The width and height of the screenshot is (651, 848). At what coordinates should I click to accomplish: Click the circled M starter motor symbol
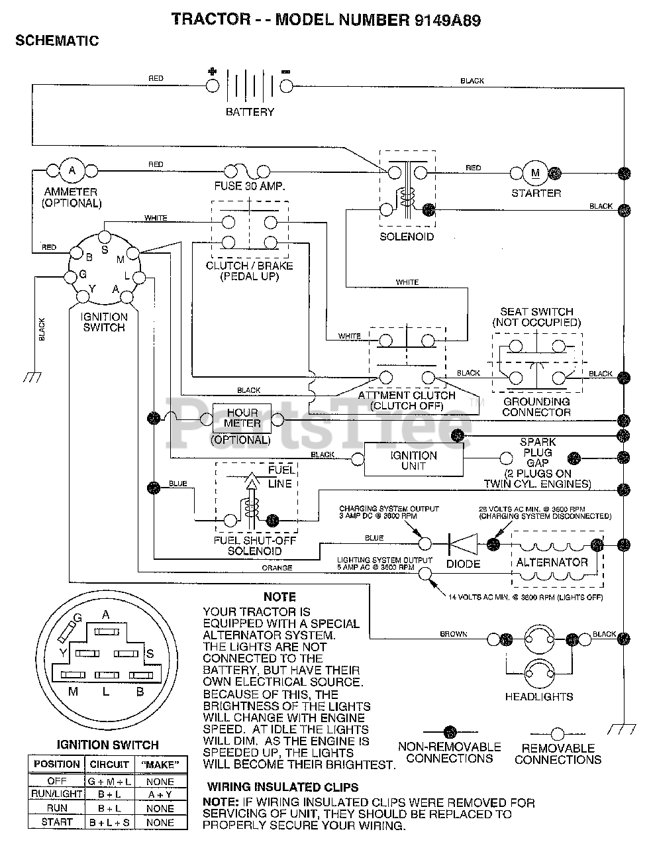tap(535, 173)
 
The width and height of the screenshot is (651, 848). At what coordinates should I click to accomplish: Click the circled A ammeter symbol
tap(72, 170)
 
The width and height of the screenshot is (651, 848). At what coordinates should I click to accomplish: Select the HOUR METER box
tap(242, 418)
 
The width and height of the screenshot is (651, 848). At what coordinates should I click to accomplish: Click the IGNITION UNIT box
tap(414, 459)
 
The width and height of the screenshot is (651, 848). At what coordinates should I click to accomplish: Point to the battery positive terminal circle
tap(213, 86)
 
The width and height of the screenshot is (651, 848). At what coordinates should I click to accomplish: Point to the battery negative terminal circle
tap(286, 86)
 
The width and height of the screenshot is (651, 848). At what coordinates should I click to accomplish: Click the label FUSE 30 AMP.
tap(250, 186)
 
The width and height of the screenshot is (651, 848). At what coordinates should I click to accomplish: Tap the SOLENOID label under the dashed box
tap(407, 237)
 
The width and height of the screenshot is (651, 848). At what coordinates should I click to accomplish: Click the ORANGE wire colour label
tap(277, 568)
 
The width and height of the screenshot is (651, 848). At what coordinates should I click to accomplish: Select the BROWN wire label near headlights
tap(454, 634)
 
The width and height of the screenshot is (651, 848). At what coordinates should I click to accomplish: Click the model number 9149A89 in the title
tap(448, 20)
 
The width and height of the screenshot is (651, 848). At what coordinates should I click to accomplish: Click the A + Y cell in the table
tap(160, 794)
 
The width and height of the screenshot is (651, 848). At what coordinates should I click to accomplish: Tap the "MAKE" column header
tap(160, 764)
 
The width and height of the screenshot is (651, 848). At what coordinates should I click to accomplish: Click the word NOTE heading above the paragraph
tap(279, 597)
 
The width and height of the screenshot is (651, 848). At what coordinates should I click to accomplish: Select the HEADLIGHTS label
tap(539, 696)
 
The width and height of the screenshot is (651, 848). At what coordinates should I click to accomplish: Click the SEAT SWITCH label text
tap(536, 312)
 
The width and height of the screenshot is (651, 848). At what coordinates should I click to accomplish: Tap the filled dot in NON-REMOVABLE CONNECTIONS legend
tap(450, 731)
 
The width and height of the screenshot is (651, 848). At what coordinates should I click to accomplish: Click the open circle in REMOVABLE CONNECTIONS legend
tap(558, 734)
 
